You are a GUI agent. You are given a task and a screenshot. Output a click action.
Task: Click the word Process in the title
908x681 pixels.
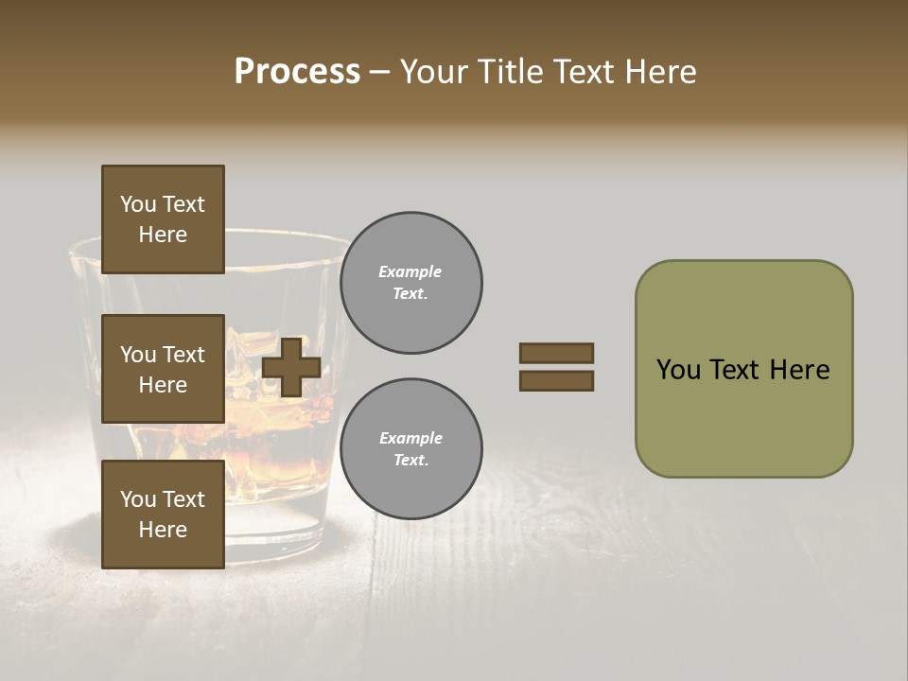click(x=297, y=72)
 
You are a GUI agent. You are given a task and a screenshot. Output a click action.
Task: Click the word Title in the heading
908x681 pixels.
click(x=509, y=72)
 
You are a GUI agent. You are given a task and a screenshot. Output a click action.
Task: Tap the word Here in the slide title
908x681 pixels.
click(x=658, y=72)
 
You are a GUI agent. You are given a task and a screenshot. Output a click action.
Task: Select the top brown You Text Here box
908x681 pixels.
click(x=163, y=219)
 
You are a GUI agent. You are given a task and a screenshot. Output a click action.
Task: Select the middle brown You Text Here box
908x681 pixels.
click(x=163, y=369)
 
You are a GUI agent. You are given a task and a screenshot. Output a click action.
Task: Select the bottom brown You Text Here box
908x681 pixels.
click(x=163, y=515)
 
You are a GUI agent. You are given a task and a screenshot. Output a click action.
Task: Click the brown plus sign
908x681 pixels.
click(x=291, y=367)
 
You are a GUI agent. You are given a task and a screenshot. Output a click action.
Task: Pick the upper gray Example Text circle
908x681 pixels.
click(x=410, y=283)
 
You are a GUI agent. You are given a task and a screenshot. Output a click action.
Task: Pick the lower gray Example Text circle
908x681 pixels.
click(x=410, y=449)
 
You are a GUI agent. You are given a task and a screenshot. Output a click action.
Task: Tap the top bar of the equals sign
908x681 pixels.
click(x=556, y=353)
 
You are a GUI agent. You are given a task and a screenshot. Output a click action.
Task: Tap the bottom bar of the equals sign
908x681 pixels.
click(x=556, y=381)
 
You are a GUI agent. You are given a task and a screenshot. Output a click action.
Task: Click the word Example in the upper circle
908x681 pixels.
click(x=410, y=271)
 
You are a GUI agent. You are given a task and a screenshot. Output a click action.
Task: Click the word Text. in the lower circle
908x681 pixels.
click(x=410, y=461)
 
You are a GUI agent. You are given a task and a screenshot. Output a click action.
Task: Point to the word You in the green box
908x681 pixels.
click(x=678, y=370)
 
